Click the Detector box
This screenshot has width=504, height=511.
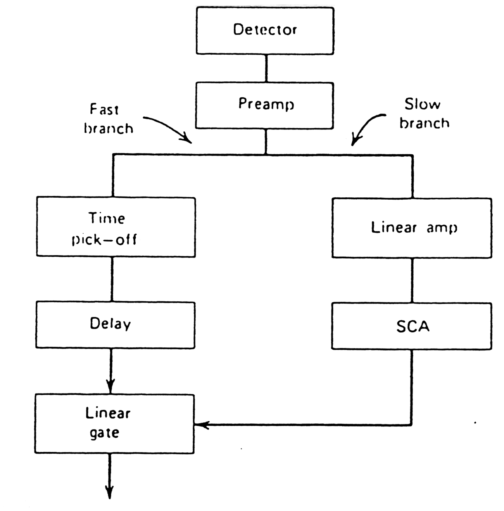click(x=265, y=30)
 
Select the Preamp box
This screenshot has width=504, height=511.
click(x=264, y=105)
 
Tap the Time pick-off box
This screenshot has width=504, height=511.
click(x=116, y=227)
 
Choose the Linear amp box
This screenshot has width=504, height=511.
click(x=412, y=228)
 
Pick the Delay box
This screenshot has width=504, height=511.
click(x=115, y=325)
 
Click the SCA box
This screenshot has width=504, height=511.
click(x=412, y=326)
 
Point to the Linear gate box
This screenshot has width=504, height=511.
click(x=114, y=423)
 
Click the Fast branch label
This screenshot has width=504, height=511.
click(x=108, y=119)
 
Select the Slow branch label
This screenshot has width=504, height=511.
click(x=424, y=113)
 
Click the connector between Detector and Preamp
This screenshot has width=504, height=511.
click(x=266, y=68)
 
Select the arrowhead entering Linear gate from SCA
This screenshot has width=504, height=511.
click(x=201, y=425)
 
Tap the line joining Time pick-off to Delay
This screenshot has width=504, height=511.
click(x=112, y=279)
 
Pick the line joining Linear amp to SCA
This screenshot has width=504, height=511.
click(x=412, y=280)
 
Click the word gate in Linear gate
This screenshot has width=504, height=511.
click(x=104, y=433)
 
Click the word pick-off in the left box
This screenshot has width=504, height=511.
click(x=104, y=240)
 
